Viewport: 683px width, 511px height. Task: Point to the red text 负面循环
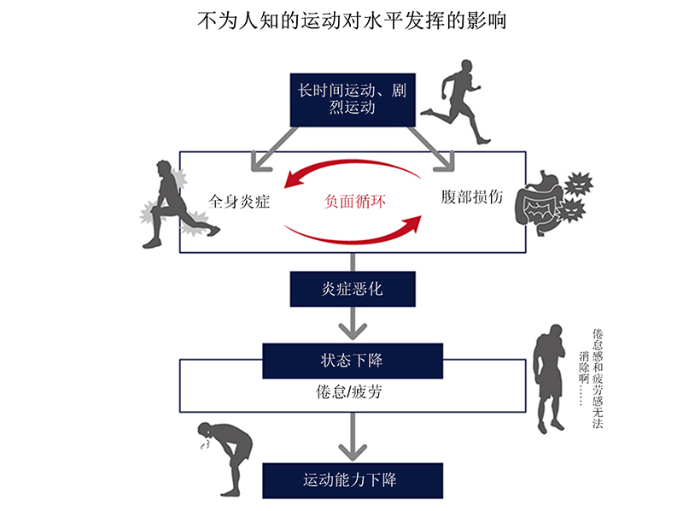tap(356, 203)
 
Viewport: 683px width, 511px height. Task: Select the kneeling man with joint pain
tap(179, 205)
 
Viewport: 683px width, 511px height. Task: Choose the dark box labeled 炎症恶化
tap(352, 288)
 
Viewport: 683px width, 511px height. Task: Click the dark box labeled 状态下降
tap(352, 360)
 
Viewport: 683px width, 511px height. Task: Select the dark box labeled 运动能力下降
tap(352, 479)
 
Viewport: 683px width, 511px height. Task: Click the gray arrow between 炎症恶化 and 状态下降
tap(352, 323)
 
